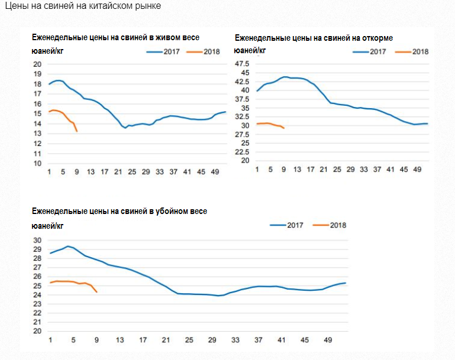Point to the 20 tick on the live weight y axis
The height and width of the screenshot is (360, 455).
(37, 64)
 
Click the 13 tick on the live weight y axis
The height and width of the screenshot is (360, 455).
(37, 134)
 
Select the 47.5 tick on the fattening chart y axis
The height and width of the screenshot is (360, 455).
(243, 64)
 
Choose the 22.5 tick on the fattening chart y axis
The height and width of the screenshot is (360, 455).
(243, 151)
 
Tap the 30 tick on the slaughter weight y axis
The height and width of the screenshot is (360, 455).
(37, 241)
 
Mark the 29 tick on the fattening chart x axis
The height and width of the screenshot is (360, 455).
(350, 170)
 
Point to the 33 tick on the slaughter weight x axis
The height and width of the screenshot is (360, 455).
(235, 340)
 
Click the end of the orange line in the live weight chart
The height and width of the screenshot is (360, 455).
(77, 131)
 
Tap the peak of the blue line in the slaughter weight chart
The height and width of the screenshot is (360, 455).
(68, 246)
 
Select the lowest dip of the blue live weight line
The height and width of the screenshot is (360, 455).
(125, 128)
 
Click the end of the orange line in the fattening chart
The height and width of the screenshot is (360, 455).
(284, 128)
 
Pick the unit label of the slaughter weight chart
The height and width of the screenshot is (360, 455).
(47, 225)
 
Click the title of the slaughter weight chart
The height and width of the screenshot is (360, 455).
(119, 211)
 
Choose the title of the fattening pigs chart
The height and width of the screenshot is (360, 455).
(314, 38)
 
